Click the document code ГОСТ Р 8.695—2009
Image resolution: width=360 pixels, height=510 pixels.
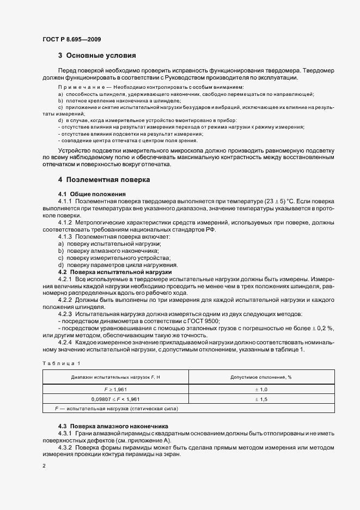[71, 39]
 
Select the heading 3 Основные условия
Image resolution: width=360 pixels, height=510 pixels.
[96, 56]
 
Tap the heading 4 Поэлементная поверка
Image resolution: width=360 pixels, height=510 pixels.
[104, 179]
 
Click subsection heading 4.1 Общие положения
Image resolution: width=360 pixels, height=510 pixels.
[91, 194]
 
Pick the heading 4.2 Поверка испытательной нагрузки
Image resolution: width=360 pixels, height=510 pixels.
[114, 271]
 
